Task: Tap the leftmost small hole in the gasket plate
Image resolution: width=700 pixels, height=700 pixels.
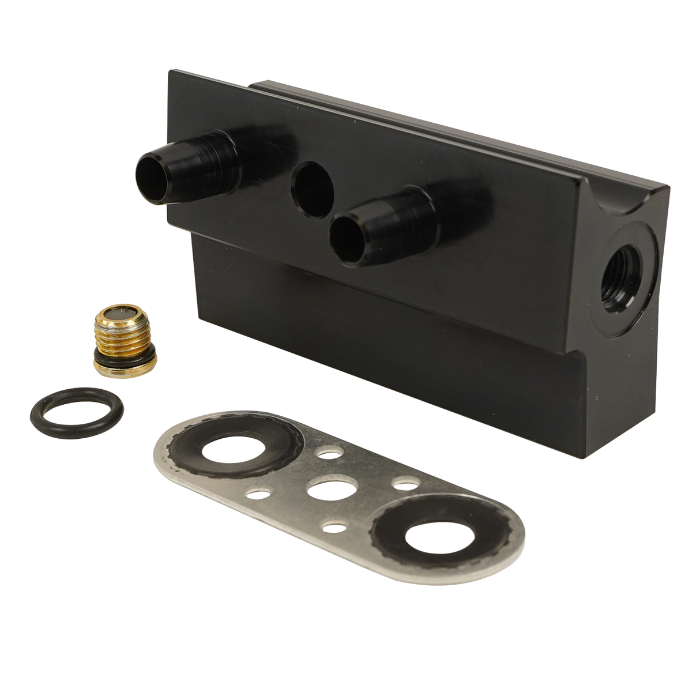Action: point(258,494)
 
